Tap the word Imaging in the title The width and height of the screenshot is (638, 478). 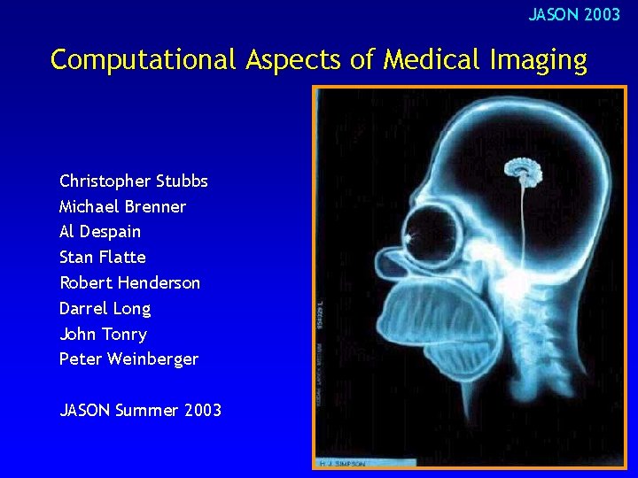[540, 60]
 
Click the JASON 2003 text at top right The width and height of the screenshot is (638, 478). [574, 15]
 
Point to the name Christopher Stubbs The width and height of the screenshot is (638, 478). [134, 181]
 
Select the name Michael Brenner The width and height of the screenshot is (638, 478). [122, 207]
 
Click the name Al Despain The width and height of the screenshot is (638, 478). [100, 232]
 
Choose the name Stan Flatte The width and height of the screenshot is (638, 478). [103, 258]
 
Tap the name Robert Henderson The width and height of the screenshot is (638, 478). [129, 283]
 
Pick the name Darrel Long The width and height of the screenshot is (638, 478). [105, 309]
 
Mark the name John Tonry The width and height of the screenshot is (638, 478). [103, 335]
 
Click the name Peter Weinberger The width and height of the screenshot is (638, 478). [128, 359]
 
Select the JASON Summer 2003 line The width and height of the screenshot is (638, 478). [140, 411]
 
